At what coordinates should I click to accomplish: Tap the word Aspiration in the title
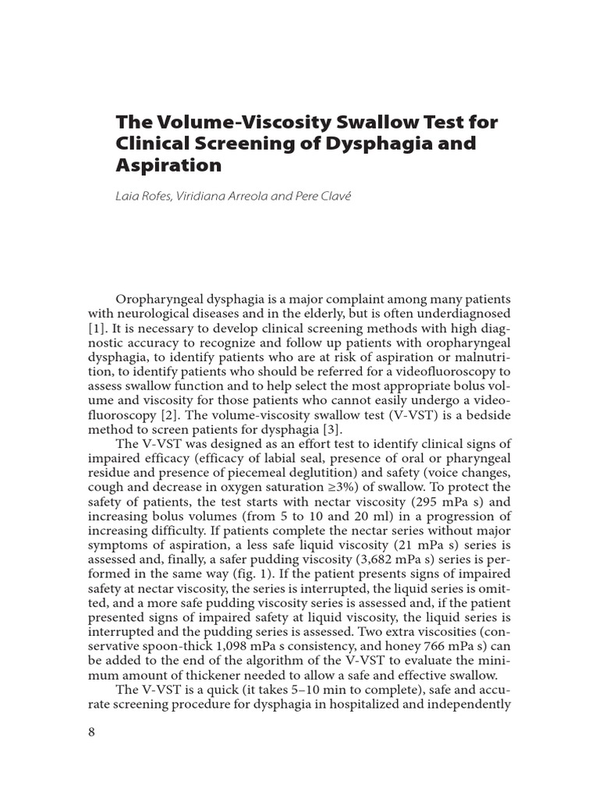click(169, 165)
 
